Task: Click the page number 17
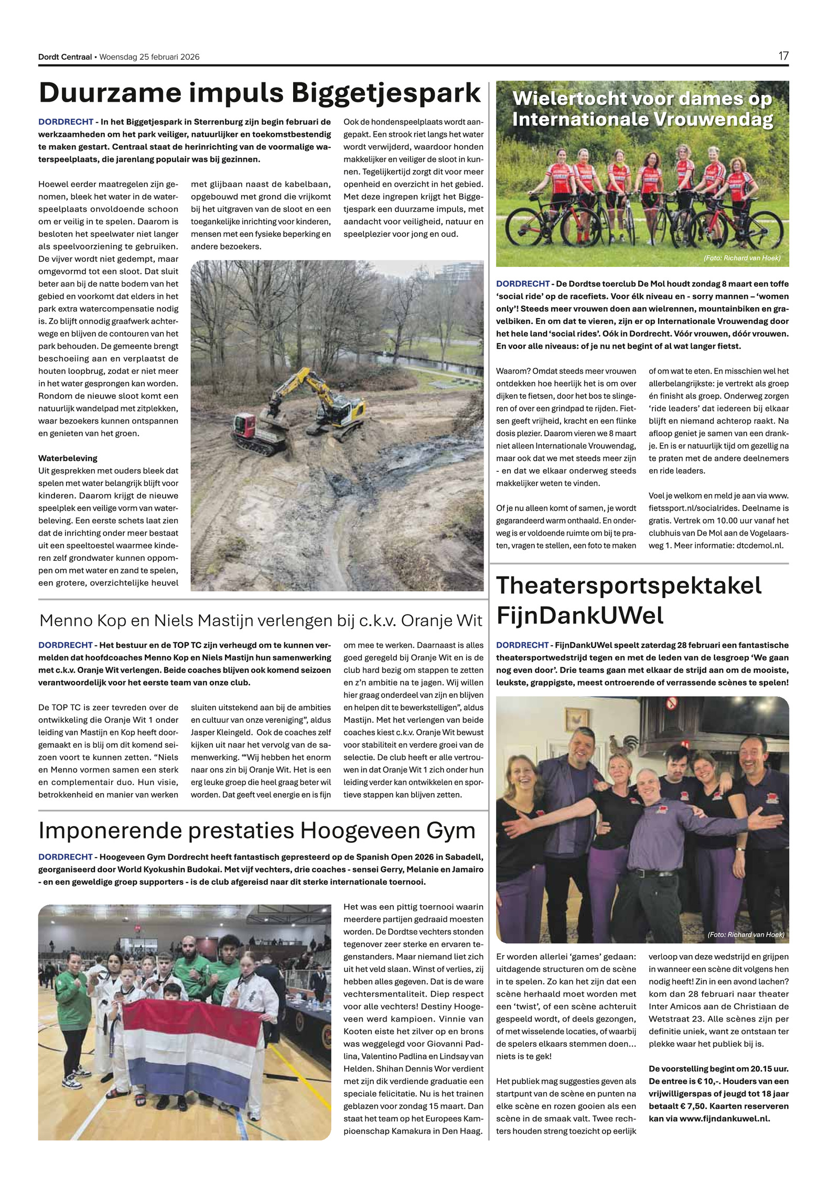tap(783, 56)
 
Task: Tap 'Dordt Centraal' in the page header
tap(64, 57)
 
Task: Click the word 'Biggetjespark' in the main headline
tap(385, 93)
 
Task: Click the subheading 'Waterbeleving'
tap(68, 458)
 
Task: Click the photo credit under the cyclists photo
tap(741, 258)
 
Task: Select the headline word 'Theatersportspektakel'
tap(629, 586)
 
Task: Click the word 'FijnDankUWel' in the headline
tap(580, 615)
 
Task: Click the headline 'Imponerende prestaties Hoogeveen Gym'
tap(257, 830)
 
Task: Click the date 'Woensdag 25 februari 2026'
tap(149, 57)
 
